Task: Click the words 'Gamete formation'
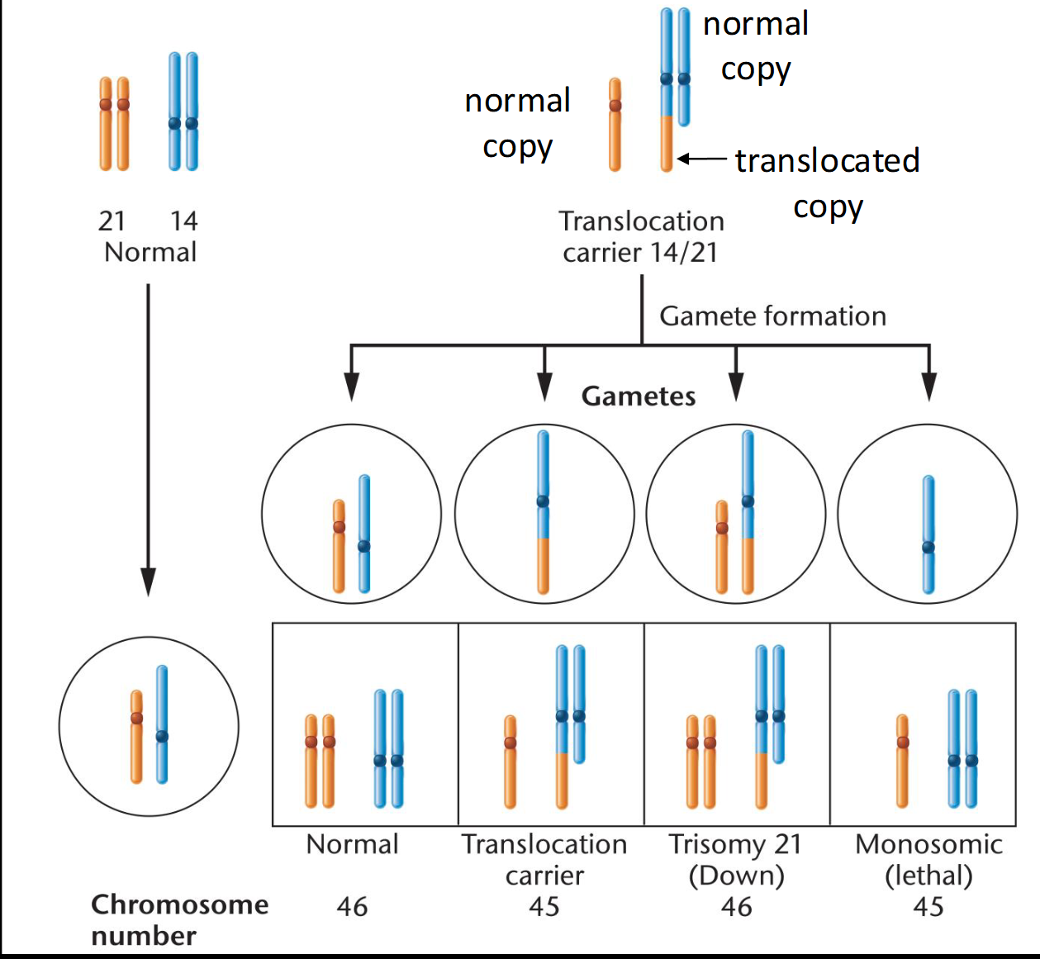[772, 316]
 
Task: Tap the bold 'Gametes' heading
[639, 396]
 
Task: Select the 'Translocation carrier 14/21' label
[641, 236]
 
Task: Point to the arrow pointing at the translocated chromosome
[702, 159]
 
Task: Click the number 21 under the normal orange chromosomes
[112, 221]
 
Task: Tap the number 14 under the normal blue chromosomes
[184, 221]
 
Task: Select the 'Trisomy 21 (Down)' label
[736, 859]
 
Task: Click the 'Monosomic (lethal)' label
[928, 859]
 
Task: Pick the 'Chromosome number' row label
[179, 919]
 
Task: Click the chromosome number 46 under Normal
[352, 907]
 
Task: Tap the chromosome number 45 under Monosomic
[928, 907]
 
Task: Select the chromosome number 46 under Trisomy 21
[736, 907]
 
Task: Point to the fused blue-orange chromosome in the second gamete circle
[543, 512]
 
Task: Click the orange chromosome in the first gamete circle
[339, 546]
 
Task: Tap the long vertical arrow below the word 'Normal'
[148, 438]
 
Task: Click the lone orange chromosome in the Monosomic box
[903, 761]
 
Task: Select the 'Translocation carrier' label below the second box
[544, 859]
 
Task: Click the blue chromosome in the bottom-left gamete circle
[162, 724]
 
